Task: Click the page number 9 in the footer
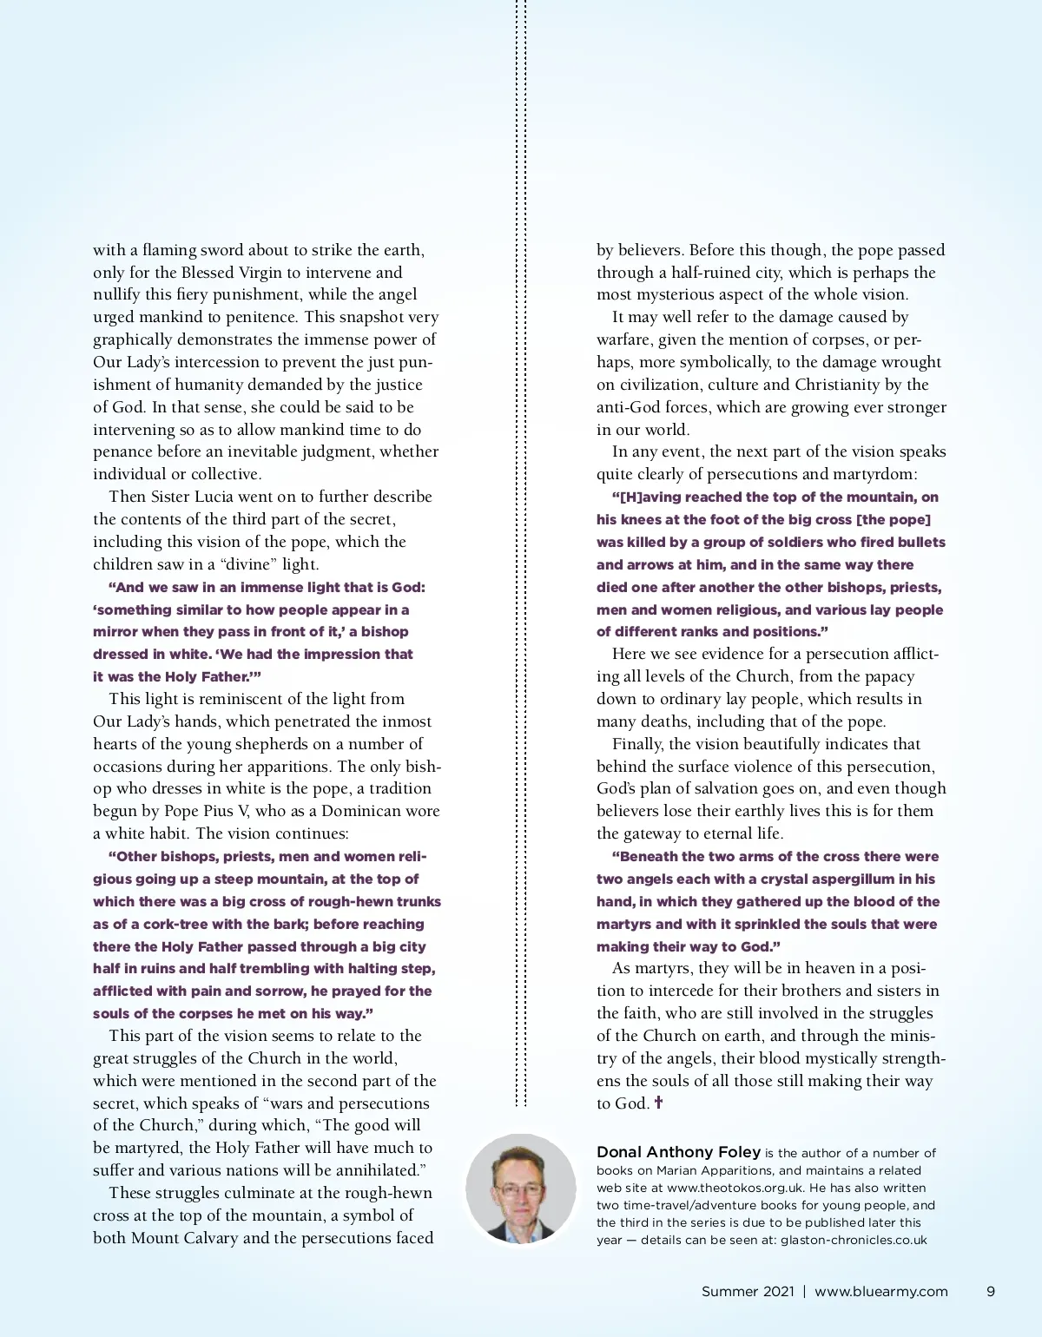pos(991,1291)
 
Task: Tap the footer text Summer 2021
pos(748,1291)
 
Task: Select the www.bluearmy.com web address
pos(880,1291)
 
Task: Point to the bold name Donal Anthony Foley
pos(678,1152)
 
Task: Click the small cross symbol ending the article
pos(658,1103)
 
